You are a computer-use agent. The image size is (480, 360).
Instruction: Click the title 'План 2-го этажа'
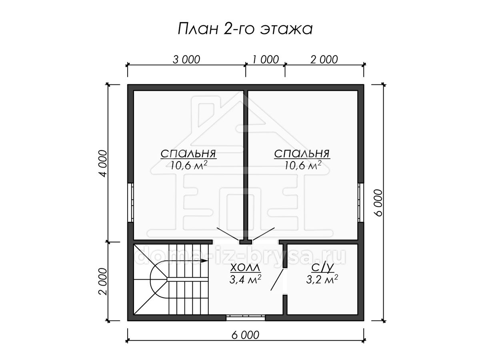click(245, 29)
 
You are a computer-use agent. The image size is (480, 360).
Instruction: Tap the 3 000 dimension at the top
click(186, 60)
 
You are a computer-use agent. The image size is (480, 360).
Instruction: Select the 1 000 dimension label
click(266, 60)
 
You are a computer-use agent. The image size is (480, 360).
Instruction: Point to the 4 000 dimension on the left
click(103, 163)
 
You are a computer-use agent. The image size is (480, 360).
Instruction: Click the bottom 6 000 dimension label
click(245, 335)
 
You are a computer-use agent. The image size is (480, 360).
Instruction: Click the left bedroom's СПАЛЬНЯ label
click(188, 154)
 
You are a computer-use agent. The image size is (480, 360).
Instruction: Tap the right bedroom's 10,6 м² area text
click(303, 165)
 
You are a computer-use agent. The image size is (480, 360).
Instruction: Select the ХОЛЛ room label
click(245, 268)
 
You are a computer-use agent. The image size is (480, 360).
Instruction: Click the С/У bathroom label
click(322, 268)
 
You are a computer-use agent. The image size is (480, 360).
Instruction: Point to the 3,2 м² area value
click(322, 279)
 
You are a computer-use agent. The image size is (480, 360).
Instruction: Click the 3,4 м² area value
click(245, 279)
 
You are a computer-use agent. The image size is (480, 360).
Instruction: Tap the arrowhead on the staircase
click(204, 261)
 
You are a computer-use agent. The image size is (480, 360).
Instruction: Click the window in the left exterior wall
click(131, 202)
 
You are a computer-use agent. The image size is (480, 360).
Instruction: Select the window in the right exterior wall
click(361, 202)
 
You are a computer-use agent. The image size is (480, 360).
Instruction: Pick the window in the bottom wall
click(246, 318)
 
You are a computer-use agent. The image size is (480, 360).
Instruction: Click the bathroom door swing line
click(277, 280)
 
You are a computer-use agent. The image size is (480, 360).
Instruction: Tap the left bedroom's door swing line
click(228, 234)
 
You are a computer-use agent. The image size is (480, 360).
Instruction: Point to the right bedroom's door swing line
click(263, 234)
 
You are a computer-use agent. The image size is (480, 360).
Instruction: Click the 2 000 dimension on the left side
click(103, 282)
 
